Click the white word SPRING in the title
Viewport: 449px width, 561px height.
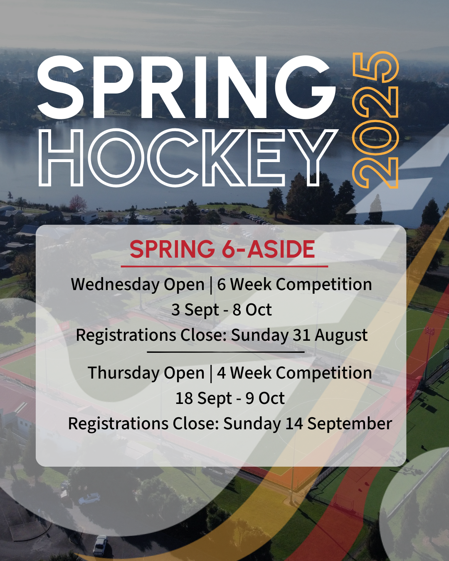(x=187, y=88)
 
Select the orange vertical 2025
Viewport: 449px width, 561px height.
(x=375, y=120)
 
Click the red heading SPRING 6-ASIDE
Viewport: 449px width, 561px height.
(x=222, y=249)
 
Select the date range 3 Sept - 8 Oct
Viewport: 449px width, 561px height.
(x=222, y=310)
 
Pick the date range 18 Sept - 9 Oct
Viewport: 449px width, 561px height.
(x=230, y=398)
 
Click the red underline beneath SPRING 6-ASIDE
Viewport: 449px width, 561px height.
(x=224, y=266)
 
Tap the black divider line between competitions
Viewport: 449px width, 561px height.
(x=226, y=352)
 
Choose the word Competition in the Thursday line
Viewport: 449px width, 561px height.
(x=324, y=372)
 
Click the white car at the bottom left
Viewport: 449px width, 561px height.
(x=101, y=546)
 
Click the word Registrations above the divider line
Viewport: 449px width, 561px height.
(x=126, y=335)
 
